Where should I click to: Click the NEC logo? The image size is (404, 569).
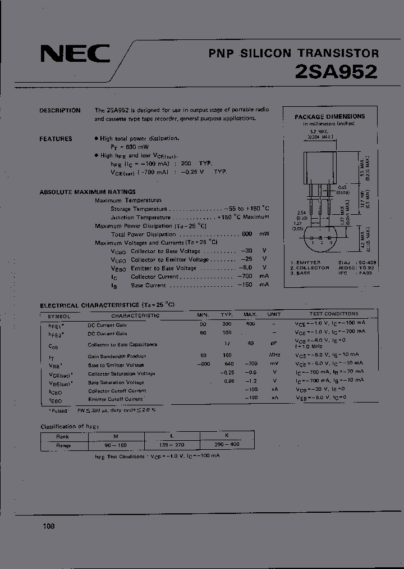(x=75, y=54)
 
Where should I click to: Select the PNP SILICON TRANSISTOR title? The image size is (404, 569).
(x=293, y=53)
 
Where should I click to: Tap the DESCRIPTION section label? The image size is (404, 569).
(x=59, y=111)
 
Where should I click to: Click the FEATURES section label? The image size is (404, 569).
(x=56, y=139)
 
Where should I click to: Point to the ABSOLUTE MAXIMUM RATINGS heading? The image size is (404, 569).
(x=88, y=192)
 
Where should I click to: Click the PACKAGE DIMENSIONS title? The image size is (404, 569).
(x=329, y=116)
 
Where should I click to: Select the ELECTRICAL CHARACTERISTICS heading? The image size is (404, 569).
(x=107, y=305)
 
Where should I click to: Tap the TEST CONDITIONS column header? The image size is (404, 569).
(x=333, y=314)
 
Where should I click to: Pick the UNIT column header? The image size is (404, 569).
(x=274, y=315)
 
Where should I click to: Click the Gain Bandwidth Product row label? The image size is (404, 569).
(x=117, y=356)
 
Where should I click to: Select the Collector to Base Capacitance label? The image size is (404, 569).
(x=122, y=344)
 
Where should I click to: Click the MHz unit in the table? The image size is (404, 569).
(x=274, y=355)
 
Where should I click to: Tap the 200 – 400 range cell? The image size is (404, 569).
(x=227, y=445)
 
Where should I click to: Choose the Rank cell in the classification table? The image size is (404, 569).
(x=62, y=436)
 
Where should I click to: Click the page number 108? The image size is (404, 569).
(x=48, y=526)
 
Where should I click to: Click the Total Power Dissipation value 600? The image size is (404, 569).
(x=246, y=234)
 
